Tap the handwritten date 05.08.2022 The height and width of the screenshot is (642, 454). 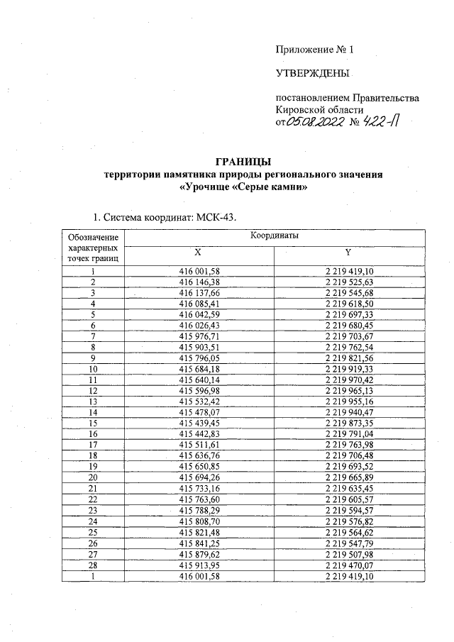coord(314,123)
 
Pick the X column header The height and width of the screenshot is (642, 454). coord(198,252)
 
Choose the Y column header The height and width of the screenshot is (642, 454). coord(348,252)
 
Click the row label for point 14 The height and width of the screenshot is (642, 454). coord(92,413)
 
